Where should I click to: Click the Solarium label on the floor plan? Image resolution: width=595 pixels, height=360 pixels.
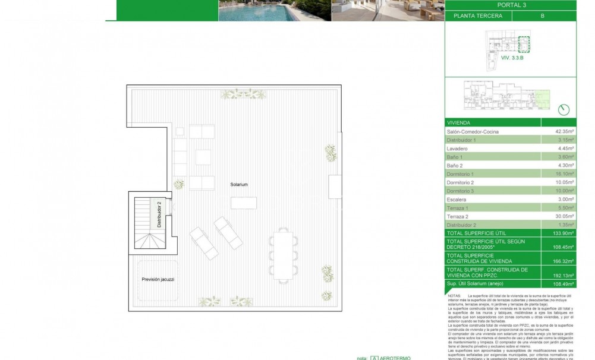point(240,185)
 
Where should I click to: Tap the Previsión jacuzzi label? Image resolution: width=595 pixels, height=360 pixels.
point(158,279)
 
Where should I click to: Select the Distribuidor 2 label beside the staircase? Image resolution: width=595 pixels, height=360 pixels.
point(159,214)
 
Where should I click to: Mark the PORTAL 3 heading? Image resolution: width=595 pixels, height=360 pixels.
point(511,5)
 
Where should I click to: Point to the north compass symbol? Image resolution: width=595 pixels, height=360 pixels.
point(564,109)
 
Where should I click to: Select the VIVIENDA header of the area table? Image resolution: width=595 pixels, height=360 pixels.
point(459,122)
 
